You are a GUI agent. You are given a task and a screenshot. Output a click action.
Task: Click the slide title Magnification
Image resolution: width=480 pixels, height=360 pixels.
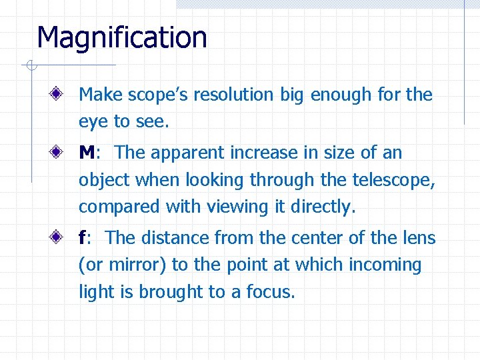(122, 37)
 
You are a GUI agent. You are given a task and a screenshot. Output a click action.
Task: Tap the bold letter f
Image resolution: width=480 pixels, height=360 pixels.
(82, 238)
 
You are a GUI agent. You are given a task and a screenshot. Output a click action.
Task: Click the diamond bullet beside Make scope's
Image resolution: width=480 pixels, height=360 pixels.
(60, 95)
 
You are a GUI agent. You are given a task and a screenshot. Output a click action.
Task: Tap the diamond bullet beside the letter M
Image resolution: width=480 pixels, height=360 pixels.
(60, 153)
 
